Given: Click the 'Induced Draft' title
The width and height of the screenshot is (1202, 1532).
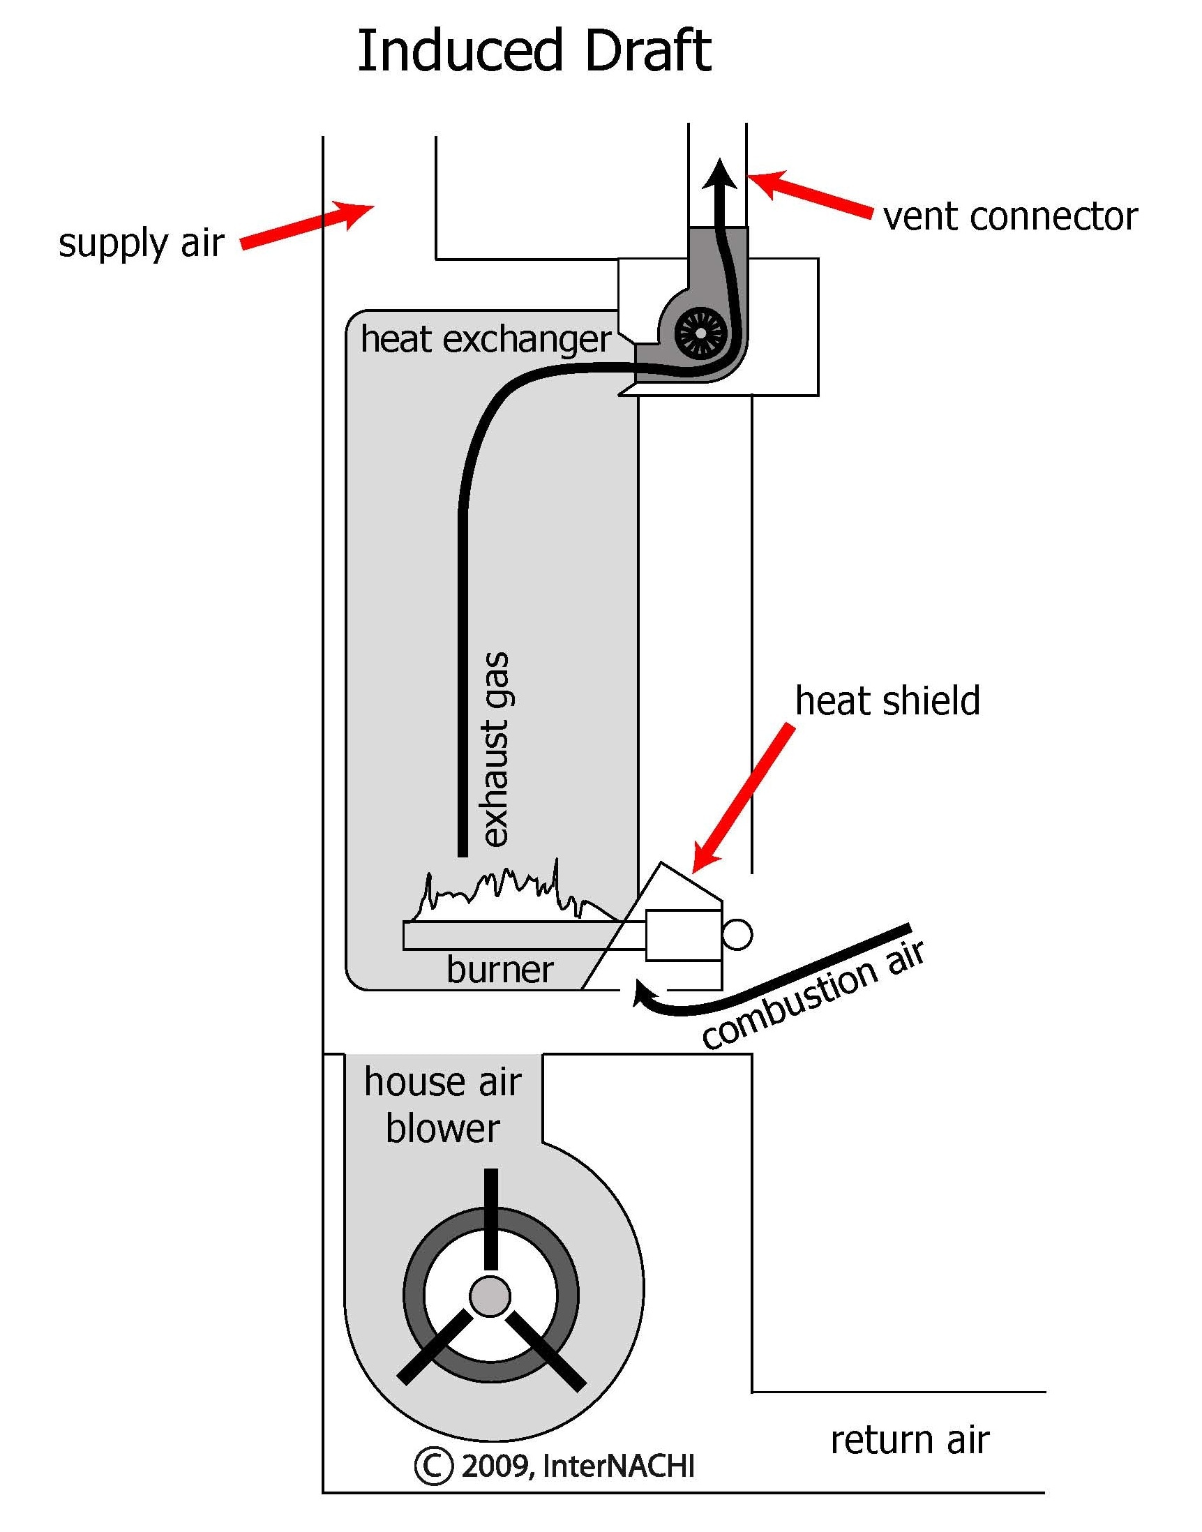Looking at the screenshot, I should point(534,52).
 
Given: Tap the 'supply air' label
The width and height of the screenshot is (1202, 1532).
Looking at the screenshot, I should point(141,243).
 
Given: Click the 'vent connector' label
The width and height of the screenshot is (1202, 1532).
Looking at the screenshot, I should point(1010,217).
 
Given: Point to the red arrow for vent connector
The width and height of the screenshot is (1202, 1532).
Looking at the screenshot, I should point(809,193).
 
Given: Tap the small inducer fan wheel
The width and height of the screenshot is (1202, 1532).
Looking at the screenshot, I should point(700,333).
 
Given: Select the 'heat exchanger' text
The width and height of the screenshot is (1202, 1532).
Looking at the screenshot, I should point(485,339).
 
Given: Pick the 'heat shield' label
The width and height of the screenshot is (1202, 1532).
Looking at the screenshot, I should point(887,701).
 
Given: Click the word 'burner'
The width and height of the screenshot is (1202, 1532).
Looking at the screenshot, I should point(499,970).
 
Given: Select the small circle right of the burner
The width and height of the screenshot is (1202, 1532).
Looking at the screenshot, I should point(737,935).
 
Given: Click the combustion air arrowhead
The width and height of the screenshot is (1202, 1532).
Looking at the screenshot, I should point(642,993).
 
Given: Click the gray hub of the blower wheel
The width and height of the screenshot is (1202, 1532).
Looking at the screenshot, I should point(490,1296).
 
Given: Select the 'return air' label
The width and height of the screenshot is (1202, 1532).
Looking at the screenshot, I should point(909,1440).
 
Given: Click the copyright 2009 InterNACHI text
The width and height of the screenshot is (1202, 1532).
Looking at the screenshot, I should point(555,1466).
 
